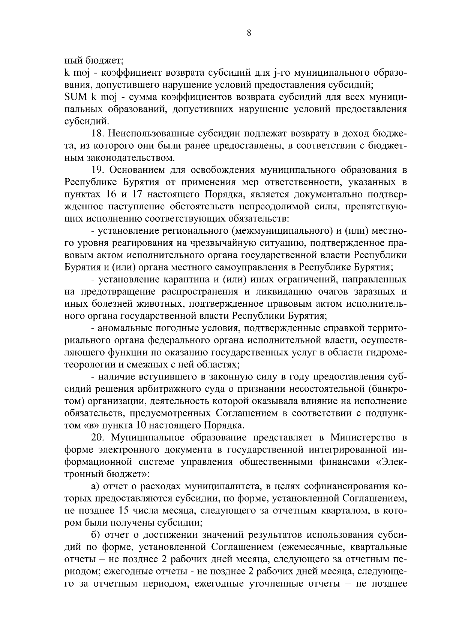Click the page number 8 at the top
[249, 33]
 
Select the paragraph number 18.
[98, 134]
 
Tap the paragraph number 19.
[98, 170]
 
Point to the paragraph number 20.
[99, 437]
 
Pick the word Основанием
[138, 170]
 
